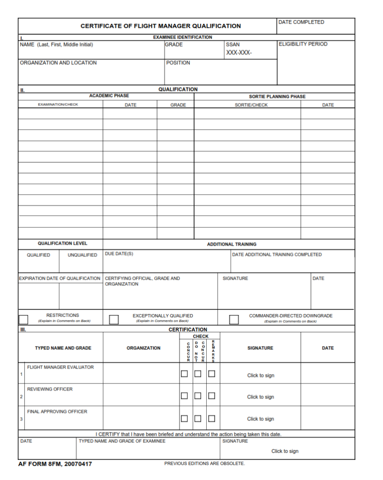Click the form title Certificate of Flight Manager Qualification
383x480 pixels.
(x=160, y=26)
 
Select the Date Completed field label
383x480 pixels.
(x=301, y=22)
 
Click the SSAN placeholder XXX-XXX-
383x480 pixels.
(x=239, y=52)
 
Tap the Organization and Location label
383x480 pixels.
(x=58, y=63)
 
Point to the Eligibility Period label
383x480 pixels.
(x=303, y=44)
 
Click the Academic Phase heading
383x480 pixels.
(x=109, y=96)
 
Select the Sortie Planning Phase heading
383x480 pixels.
(x=277, y=97)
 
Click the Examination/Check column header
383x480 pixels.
(x=58, y=105)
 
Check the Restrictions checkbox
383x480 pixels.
(x=23, y=320)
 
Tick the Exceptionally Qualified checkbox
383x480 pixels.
(x=113, y=320)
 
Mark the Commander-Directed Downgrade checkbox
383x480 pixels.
(x=234, y=320)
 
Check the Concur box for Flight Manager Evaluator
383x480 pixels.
(x=184, y=374)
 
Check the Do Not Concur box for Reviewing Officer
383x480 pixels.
(x=198, y=396)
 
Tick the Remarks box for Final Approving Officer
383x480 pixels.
(x=211, y=418)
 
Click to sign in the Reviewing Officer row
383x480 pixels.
(x=261, y=397)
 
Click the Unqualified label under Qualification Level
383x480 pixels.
(x=82, y=255)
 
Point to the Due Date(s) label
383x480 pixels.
(x=119, y=254)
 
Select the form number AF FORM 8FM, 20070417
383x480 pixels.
(x=55, y=464)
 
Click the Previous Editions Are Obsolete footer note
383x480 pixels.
(x=204, y=464)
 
